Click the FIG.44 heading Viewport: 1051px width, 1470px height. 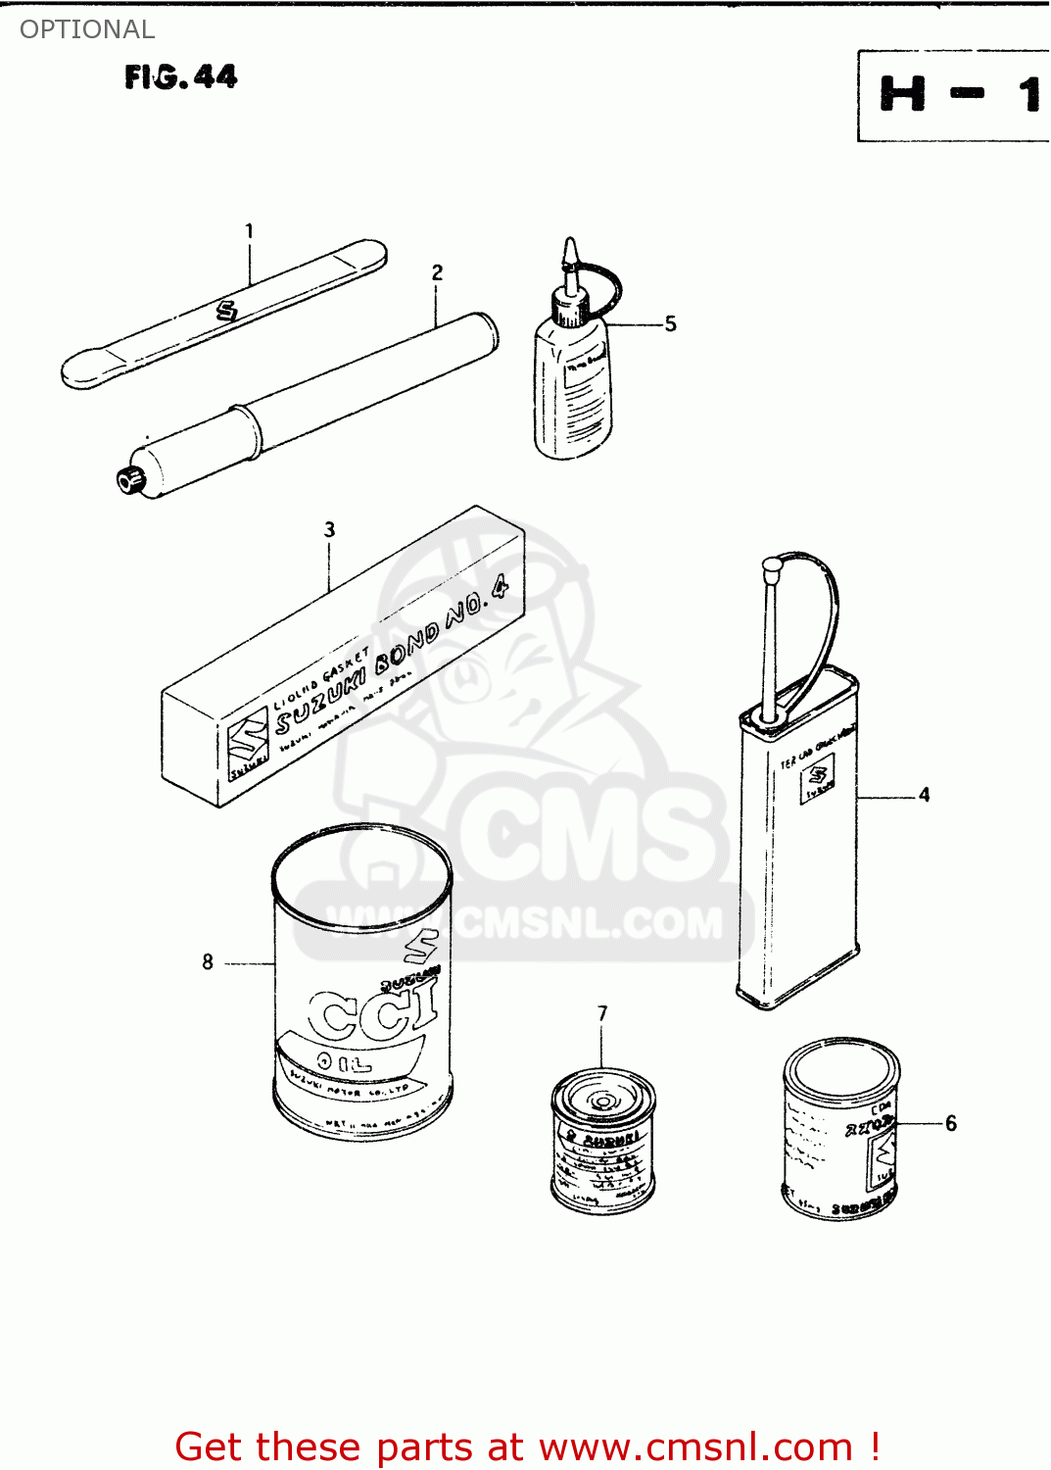[x=180, y=76]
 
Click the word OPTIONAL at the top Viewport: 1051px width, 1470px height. [x=87, y=29]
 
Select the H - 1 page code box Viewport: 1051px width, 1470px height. [x=954, y=96]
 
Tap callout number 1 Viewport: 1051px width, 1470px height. [x=249, y=231]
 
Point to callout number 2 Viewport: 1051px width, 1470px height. [x=437, y=272]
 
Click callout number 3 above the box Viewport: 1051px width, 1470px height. [x=329, y=529]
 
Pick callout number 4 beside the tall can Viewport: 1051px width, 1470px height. [x=924, y=795]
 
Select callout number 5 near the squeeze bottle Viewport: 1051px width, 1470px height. [x=670, y=323]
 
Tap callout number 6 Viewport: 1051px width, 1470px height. [x=950, y=1123]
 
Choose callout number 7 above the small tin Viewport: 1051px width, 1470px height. [x=602, y=1012]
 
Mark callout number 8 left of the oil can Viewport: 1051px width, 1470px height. [x=208, y=962]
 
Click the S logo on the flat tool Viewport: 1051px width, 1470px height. [x=227, y=312]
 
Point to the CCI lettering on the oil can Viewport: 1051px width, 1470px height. [x=372, y=1014]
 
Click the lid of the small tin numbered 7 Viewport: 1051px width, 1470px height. [x=602, y=1098]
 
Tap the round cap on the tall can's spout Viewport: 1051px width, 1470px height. [x=772, y=565]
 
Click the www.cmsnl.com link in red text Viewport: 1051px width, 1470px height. [x=695, y=1446]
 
